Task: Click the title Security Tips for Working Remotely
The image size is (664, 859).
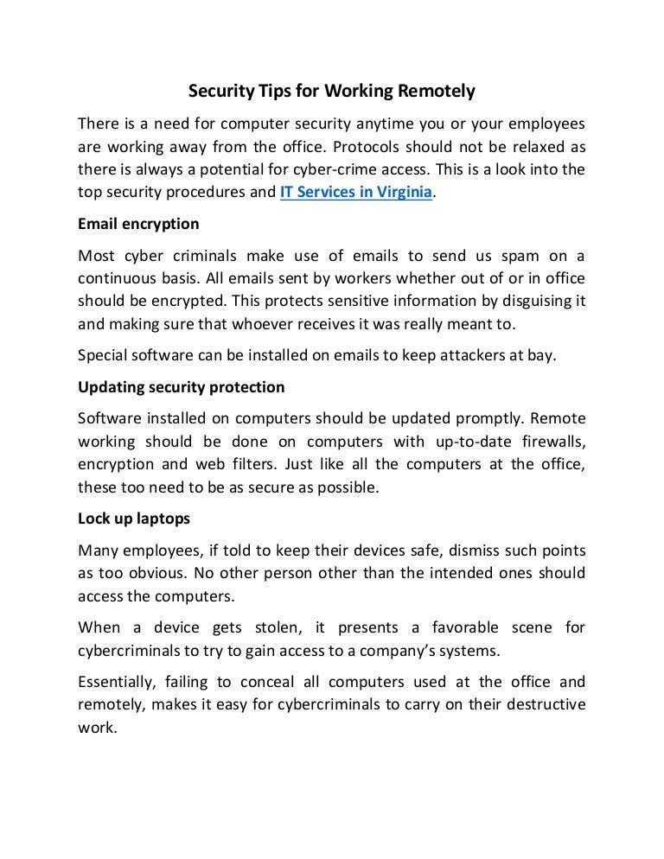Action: pyautogui.click(x=333, y=89)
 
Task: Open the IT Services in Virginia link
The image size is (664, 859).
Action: pyautogui.click(x=355, y=193)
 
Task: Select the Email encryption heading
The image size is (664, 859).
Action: pyautogui.click(x=138, y=224)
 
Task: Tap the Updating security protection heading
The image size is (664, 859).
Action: pyautogui.click(x=181, y=386)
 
